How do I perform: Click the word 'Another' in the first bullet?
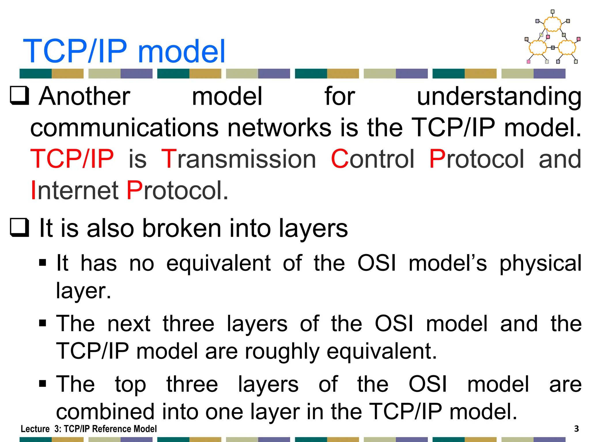pyautogui.click(x=84, y=96)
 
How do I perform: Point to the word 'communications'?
pyautogui.click(x=124, y=128)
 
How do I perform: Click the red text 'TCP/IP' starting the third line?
pyautogui.click(x=72, y=159)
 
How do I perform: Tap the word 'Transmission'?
pyautogui.click(x=239, y=159)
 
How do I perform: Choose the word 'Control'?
pyautogui.click(x=372, y=159)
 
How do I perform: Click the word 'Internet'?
pyautogui.click(x=74, y=190)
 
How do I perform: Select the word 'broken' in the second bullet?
pyautogui.click(x=182, y=228)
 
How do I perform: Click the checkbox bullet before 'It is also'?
pyautogui.click(x=19, y=227)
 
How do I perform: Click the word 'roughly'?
pyautogui.click(x=282, y=351)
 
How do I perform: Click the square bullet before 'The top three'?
pyautogui.click(x=43, y=384)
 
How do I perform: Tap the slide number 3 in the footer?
pyautogui.click(x=576, y=429)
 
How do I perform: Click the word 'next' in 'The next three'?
pyautogui.click(x=129, y=324)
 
